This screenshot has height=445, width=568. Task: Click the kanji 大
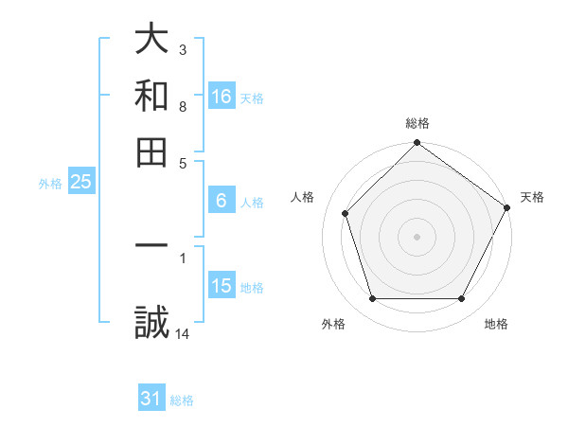coord(151,40)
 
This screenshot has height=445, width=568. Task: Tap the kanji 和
coord(151,96)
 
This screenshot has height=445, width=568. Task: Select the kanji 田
coord(151,151)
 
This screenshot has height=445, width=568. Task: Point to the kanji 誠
coord(151,323)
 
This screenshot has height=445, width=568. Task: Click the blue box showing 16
coord(222,96)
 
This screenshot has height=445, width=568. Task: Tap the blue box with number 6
coord(222,201)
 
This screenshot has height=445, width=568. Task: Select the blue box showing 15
coord(222,286)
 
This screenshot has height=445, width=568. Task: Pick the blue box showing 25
coord(80,183)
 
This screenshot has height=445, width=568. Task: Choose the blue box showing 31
coord(151,399)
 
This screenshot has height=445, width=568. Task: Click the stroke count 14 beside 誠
coord(184,333)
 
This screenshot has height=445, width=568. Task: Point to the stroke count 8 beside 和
coord(183,106)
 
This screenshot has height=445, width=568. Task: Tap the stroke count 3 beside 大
coord(183,49)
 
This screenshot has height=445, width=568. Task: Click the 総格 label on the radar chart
coord(417,123)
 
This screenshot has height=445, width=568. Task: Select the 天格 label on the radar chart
coord(532,197)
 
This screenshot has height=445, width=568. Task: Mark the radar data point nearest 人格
coord(346,213)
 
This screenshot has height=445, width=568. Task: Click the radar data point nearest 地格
coord(461,299)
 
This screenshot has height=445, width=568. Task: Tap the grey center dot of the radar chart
coord(417,237)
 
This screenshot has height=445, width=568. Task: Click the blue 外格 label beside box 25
coord(50,184)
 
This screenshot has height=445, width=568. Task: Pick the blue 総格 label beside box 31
coord(182,400)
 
